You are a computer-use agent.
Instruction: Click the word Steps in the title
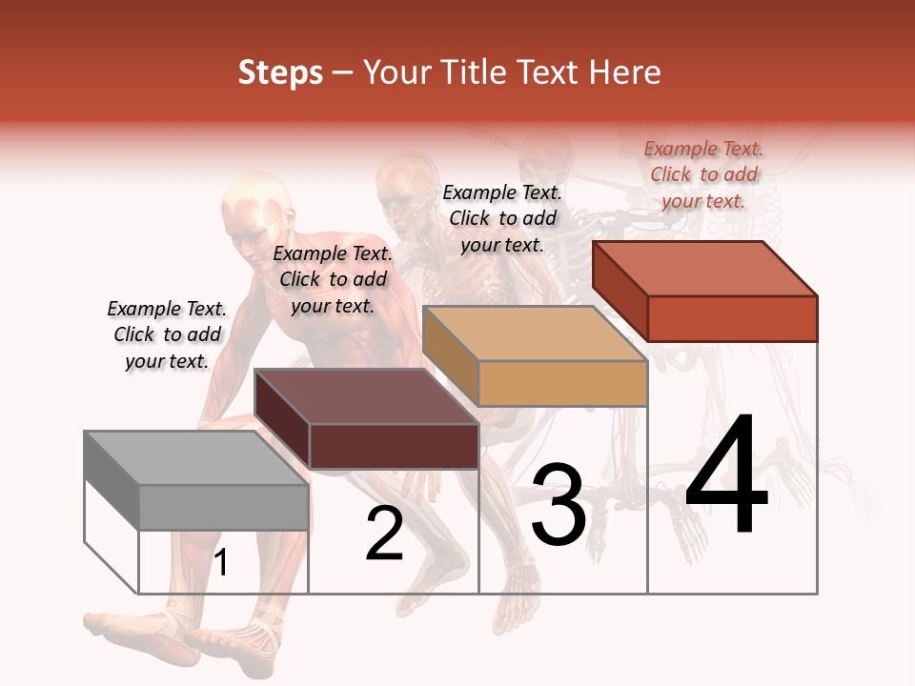[280, 72]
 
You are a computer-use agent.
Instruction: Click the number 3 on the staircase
[558, 505]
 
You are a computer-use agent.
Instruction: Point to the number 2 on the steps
[384, 534]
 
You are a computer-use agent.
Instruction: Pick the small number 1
[221, 563]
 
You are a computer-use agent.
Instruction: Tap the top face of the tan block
[534, 333]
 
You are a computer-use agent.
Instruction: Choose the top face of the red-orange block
[703, 269]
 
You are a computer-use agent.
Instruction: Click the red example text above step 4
[703, 174]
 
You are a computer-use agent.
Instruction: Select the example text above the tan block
[502, 218]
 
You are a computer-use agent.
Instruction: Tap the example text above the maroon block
[333, 279]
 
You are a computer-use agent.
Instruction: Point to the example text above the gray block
[167, 334]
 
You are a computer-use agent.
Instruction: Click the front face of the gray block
[224, 507]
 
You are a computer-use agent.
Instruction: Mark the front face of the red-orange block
[732, 318]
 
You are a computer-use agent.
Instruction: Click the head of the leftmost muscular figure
[255, 205]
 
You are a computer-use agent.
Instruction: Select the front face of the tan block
[562, 384]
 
